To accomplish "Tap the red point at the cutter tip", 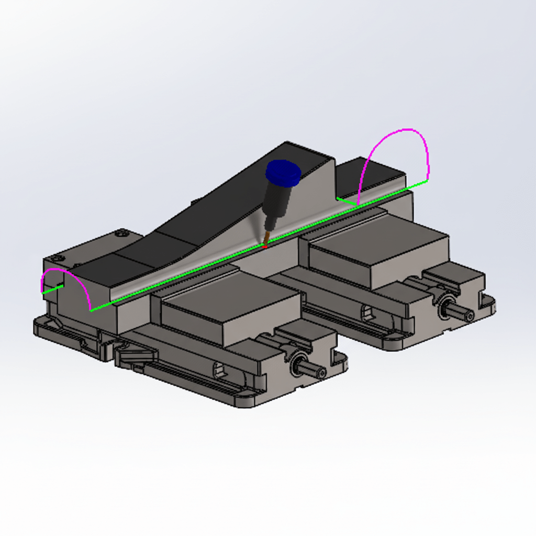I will pos(265,245).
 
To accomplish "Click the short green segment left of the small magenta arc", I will pos(53,289).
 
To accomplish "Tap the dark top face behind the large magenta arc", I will pos(369,175).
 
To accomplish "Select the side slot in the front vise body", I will pos(222,372).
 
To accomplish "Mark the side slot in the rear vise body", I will pos(370,314).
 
